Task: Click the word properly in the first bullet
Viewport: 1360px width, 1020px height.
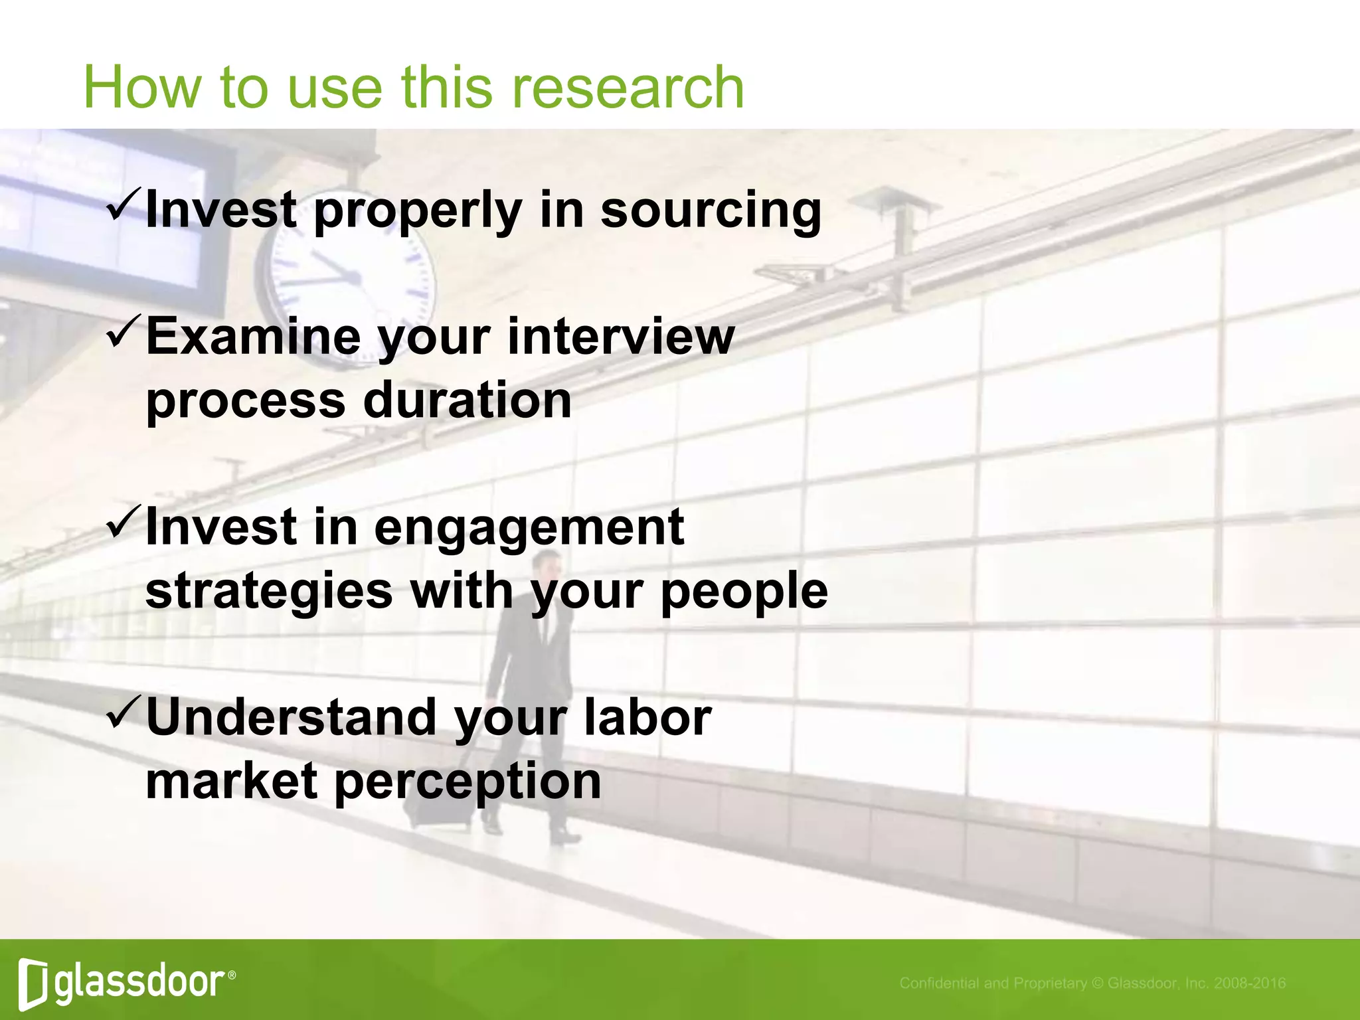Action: pos(418,211)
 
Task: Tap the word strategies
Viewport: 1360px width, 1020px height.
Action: pos(269,592)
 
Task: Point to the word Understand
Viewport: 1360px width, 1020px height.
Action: pos(290,718)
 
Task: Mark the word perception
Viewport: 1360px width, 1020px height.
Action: pos(467,782)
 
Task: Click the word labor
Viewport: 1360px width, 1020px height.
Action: pos(647,718)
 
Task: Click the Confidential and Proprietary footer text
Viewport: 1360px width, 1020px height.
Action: pos(1092,983)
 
